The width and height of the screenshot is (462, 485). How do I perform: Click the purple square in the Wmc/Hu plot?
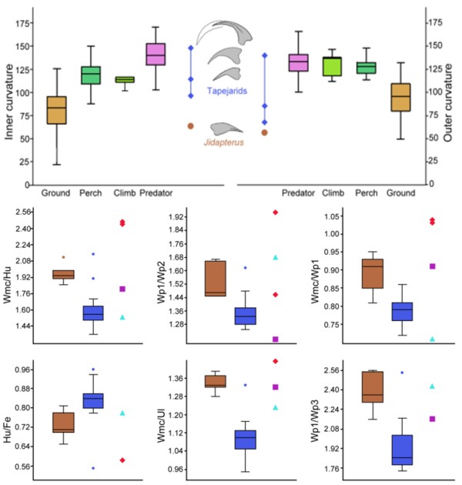pyautogui.click(x=122, y=289)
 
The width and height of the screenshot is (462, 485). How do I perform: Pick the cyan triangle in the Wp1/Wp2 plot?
pyautogui.click(x=273, y=257)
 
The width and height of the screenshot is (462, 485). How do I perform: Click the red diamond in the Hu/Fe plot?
pyautogui.click(x=122, y=460)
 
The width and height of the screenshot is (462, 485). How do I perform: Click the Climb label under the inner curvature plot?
pyautogui.click(x=125, y=192)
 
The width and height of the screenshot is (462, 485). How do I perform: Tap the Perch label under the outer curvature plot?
pyautogui.click(x=367, y=192)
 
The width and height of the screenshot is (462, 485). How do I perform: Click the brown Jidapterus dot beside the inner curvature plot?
pyautogui.click(x=189, y=125)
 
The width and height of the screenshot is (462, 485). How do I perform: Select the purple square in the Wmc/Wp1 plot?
pyautogui.click(x=432, y=266)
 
